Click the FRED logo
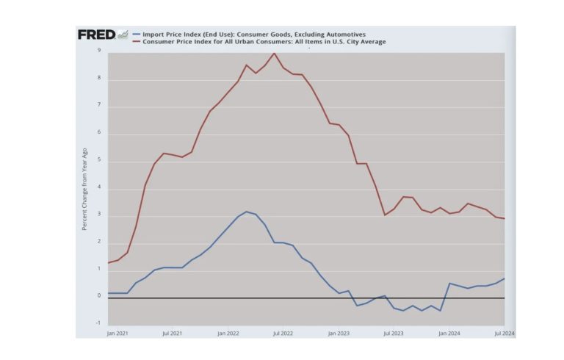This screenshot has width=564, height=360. (97, 35)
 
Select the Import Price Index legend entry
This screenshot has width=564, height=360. (253, 34)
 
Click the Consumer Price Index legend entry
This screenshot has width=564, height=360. (264, 42)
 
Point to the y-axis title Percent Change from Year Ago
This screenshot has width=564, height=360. (85, 188)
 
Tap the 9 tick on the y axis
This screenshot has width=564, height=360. (99, 51)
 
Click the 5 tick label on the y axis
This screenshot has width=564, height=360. (99, 160)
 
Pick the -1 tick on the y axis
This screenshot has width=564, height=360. (98, 324)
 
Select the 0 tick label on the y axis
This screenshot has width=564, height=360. (99, 297)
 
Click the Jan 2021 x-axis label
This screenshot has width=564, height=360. (117, 333)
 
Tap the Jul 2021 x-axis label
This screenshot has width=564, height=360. (172, 333)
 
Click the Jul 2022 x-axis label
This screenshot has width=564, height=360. (283, 333)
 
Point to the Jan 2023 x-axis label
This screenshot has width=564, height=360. (339, 333)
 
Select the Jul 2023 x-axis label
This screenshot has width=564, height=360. (394, 333)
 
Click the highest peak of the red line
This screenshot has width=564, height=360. (274, 53)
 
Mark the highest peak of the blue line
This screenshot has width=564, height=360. (246, 212)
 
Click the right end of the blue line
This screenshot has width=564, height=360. (504, 278)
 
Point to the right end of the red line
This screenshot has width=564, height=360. (504, 218)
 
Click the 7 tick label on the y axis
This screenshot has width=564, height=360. (99, 106)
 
